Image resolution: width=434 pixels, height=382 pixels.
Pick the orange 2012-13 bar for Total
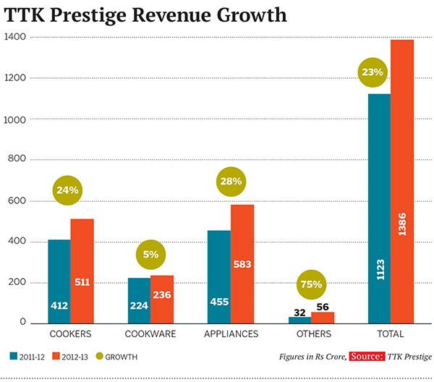coord(402,181)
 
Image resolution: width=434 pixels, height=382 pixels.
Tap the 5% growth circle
coord(151,255)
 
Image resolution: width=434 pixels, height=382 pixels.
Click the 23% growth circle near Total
coord(375,72)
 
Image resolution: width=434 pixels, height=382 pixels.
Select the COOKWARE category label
coord(150,334)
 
